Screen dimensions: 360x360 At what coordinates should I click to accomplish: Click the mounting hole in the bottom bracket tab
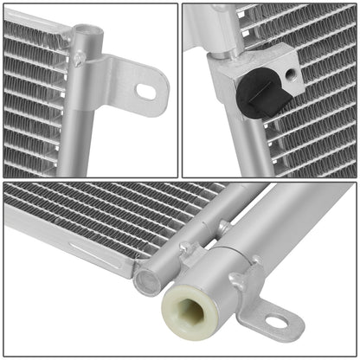pos(276,322)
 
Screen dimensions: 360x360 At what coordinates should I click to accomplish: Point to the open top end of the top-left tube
pos(85,32)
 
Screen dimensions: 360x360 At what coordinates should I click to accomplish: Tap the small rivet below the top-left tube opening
pos(79,58)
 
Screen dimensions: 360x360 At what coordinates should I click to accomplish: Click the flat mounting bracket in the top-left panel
pos(130,82)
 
